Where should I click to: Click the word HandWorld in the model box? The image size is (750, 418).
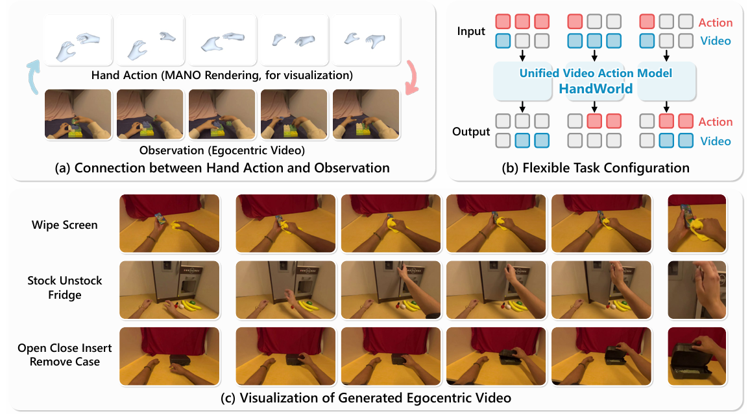(x=596, y=89)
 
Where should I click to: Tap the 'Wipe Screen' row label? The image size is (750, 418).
(x=65, y=225)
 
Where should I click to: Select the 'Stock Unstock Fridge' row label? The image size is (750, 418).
(x=65, y=288)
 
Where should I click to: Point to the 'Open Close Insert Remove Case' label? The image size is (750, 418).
(x=65, y=354)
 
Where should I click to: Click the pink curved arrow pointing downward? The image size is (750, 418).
(x=411, y=77)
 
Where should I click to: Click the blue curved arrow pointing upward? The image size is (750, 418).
(x=33, y=77)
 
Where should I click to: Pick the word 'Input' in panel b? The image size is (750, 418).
(x=471, y=32)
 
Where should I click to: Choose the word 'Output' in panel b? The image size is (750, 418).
(x=471, y=132)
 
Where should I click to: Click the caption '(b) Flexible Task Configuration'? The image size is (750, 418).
(x=596, y=168)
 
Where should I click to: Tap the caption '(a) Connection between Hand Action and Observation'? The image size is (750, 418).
(x=222, y=168)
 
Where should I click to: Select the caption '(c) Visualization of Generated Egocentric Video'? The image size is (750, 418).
(x=366, y=398)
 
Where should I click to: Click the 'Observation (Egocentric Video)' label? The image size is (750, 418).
(x=222, y=150)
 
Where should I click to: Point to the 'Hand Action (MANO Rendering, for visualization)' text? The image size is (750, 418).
(x=222, y=75)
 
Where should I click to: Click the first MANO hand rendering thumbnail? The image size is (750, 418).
(x=78, y=40)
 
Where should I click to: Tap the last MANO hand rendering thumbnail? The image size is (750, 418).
(x=366, y=40)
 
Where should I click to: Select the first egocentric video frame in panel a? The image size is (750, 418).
(x=78, y=114)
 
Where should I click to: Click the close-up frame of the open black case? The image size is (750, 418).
(x=697, y=356)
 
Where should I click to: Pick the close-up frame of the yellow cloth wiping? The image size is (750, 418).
(x=697, y=224)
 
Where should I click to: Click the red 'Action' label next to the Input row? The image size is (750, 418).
(x=715, y=23)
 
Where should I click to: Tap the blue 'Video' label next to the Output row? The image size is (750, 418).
(x=716, y=141)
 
